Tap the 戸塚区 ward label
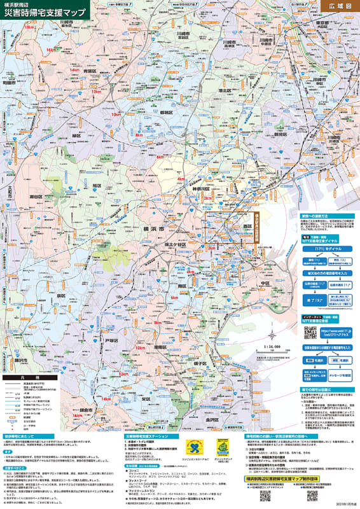click(111, 341)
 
